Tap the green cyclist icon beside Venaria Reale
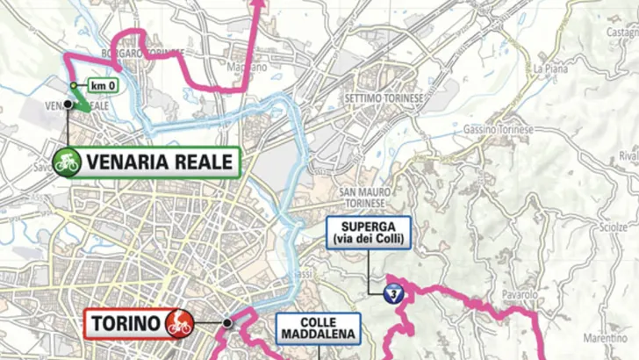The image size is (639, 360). coord(67,161)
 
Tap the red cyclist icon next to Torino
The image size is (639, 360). coord(179,322)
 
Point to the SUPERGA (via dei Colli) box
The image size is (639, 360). coord(369,233)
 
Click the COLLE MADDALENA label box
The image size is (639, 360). coord(319,328)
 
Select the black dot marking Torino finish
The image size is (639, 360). coord(227,323)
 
